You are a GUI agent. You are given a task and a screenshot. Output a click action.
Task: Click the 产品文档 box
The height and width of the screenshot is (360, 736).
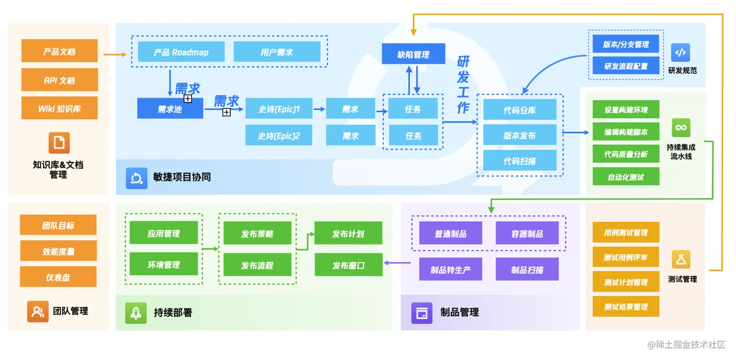tap(59, 51)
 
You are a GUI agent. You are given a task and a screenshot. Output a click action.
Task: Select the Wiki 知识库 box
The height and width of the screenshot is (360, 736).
tap(59, 108)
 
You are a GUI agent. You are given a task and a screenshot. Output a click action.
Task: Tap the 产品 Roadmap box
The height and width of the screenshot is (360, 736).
tap(181, 52)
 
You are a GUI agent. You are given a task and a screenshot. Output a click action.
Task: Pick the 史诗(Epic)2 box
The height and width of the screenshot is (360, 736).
tap(279, 136)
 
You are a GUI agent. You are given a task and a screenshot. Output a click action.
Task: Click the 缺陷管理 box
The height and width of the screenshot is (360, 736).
tap(413, 54)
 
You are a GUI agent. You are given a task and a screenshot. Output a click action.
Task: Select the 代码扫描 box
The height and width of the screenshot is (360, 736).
tap(519, 161)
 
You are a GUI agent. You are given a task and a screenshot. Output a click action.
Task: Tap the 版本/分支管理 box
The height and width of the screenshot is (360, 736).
tap(626, 44)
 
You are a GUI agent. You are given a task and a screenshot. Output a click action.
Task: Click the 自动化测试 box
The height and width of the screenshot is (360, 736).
tap(626, 177)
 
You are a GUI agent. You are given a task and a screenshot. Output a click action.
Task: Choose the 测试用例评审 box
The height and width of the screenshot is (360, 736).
tap(626, 257)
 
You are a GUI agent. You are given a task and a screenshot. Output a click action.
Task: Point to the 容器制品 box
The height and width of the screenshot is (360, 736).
tap(527, 234)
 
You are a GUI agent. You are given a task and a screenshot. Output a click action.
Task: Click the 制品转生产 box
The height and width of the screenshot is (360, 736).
tap(450, 270)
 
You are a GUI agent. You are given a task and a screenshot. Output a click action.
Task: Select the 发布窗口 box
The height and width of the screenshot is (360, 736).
tap(348, 265)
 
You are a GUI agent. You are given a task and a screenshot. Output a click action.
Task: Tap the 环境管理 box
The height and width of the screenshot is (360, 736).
tap(164, 265)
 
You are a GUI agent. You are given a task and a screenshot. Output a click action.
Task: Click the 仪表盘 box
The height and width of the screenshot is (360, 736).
tap(58, 277)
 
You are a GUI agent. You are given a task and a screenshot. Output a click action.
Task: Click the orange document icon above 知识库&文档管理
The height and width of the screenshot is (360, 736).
tap(59, 143)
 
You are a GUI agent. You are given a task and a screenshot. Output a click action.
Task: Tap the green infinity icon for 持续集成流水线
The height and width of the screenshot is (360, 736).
tap(681, 127)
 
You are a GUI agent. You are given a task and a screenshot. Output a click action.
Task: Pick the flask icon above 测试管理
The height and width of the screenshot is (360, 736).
tap(681, 259)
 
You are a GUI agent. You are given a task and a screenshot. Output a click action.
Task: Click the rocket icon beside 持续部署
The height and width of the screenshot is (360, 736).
tap(136, 312)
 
